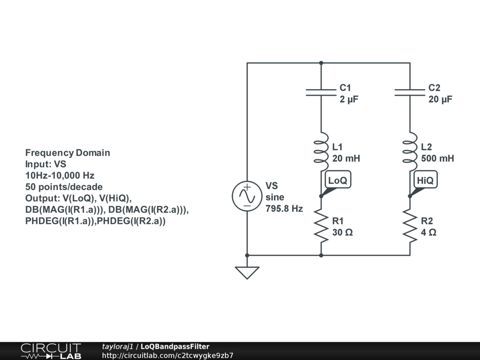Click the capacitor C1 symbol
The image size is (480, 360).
tap(321, 92)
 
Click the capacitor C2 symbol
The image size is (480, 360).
tap(410, 92)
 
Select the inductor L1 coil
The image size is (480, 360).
tap(321, 151)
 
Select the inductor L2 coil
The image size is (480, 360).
tap(410, 151)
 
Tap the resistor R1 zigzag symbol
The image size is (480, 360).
tap(321, 226)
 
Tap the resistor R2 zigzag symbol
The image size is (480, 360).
tap(410, 226)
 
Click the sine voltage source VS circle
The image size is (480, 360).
tap(247, 196)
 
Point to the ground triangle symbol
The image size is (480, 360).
tap(247, 273)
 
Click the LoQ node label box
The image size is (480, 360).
tap(338, 180)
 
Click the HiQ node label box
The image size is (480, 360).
tap(426, 180)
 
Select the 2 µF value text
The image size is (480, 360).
tap(349, 99)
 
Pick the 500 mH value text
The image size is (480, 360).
tap(437, 158)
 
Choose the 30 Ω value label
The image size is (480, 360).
tap(343, 232)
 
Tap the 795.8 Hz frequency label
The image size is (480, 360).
tap(284, 209)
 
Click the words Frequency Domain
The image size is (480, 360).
tap(67, 153)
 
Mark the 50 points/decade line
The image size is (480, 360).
tap(64, 187)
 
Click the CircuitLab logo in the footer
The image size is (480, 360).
tap(51, 351)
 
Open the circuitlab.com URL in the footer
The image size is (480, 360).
tap(168, 355)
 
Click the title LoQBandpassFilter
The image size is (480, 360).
tap(175, 346)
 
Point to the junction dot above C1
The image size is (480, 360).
tap(321, 63)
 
